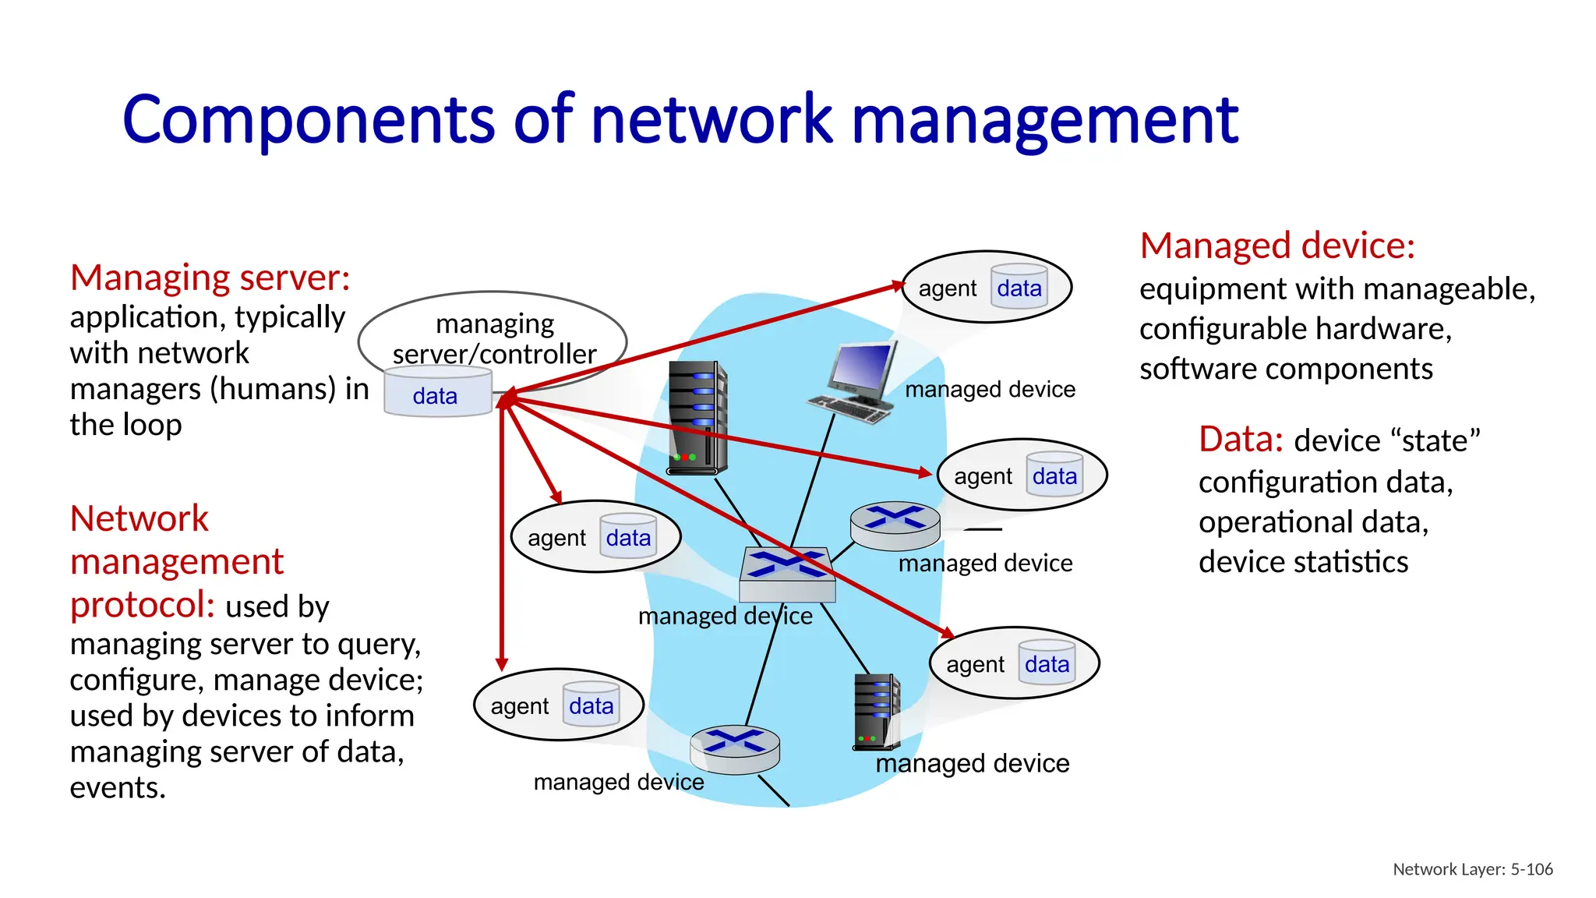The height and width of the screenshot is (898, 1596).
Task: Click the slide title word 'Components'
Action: coord(308,121)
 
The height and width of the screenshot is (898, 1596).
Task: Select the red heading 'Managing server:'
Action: coord(210,278)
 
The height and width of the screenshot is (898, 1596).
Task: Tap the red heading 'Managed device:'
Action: coord(1276,246)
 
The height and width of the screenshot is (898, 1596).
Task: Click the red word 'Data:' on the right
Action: coord(1240,440)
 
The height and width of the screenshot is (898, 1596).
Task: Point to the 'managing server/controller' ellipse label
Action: coord(494,338)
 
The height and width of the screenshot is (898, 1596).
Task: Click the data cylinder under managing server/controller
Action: coord(436,394)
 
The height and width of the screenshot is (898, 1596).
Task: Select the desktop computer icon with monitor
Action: coord(853,382)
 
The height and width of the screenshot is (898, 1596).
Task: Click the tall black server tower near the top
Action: coord(697,418)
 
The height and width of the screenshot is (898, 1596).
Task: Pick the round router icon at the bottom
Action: coord(734,748)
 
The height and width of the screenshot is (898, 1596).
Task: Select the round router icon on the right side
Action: coord(895,525)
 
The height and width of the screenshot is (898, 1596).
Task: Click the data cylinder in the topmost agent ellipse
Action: coord(1019,288)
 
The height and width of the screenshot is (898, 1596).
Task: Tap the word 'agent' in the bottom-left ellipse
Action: coord(519,706)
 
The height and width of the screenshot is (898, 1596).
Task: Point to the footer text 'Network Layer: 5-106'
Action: coord(1472,869)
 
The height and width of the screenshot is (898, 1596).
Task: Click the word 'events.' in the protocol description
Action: coord(118,787)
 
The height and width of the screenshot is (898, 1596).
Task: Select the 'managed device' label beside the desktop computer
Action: coord(990,389)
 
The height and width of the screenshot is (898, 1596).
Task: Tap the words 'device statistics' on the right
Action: coord(1303,562)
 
